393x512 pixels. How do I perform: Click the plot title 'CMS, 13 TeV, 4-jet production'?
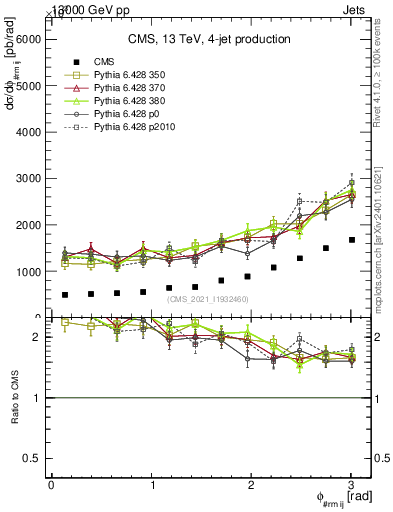pyautogui.click(x=209, y=39)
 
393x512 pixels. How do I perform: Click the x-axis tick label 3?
pyautogui.click(x=351, y=484)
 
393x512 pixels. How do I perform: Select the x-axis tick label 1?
pyautogui.click(x=152, y=484)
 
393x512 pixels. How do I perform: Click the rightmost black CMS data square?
pyautogui.click(x=351, y=240)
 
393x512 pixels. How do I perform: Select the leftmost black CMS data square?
pyautogui.click(x=65, y=295)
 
